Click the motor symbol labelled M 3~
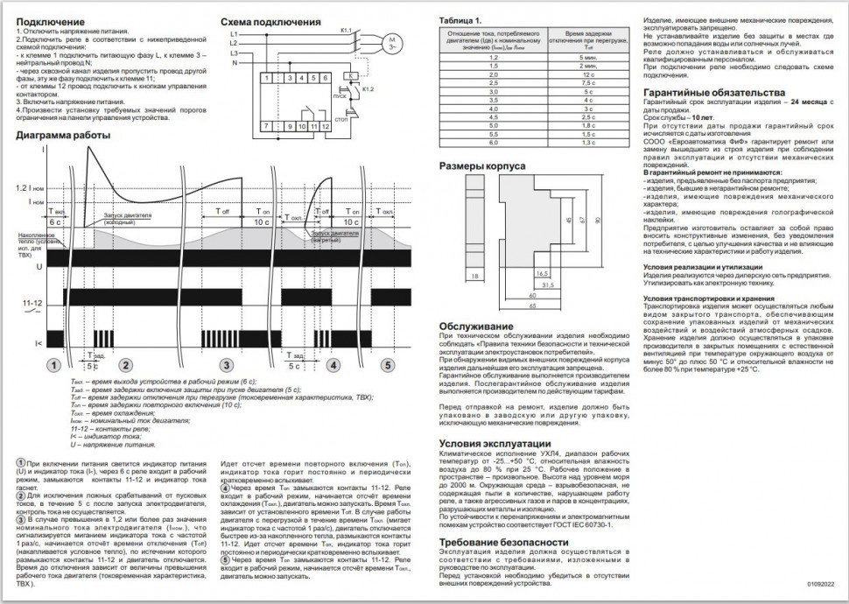pyautogui.click(x=392, y=42)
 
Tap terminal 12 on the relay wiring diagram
pyautogui.click(x=326, y=126)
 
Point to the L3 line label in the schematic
pyautogui.click(x=234, y=53)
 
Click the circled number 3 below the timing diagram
pyautogui.click(x=227, y=364)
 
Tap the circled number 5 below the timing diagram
pyautogui.click(x=386, y=364)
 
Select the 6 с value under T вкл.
pyautogui.click(x=56, y=223)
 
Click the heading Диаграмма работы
pyautogui.click(x=63, y=137)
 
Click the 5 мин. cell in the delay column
pyautogui.click(x=587, y=56)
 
